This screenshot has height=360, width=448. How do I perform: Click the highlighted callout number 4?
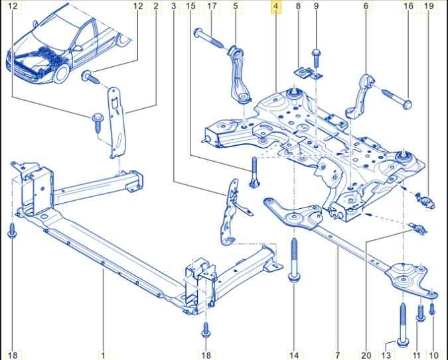[x=276, y=7]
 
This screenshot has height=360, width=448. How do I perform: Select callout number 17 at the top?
[x=212, y=7]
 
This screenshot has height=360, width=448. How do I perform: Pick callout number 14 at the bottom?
[x=294, y=355]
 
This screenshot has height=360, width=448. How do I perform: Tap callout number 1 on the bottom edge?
[x=104, y=355]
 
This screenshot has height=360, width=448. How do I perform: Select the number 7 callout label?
[x=337, y=355]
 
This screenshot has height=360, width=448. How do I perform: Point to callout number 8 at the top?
[x=298, y=7]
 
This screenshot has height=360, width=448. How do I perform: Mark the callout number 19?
[x=429, y=7]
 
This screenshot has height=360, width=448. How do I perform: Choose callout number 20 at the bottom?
[x=366, y=355]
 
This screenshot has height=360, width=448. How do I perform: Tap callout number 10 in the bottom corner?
[x=434, y=355]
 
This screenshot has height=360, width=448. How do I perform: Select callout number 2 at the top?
[x=156, y=7]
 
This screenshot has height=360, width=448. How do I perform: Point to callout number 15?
[x=190, y=7]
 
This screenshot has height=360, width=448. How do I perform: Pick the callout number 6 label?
[x=365, y=7]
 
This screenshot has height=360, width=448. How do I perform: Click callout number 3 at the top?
[x=173, y=7]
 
